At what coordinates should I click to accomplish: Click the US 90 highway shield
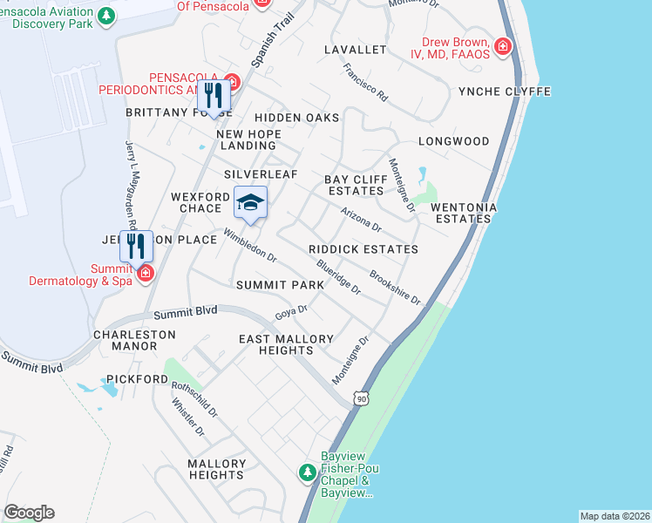[361, 398]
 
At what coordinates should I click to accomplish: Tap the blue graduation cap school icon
[250, 204]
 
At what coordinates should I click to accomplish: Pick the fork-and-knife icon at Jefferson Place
[135, 246]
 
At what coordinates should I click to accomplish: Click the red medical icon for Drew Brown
[503, 47]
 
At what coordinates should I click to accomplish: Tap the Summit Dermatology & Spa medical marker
[145, 274]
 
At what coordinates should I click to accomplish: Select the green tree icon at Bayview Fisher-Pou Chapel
[307, 472]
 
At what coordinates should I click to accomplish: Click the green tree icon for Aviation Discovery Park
[105, 16]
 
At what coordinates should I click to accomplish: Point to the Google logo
[29, 513]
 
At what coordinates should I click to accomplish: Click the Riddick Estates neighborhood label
[363, 249]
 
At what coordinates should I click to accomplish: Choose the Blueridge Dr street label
[339, 278]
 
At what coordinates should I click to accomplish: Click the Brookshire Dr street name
[395, 289]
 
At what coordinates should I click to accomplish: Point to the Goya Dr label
[291, 310]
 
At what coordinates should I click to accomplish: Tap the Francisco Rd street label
[364, 83]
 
